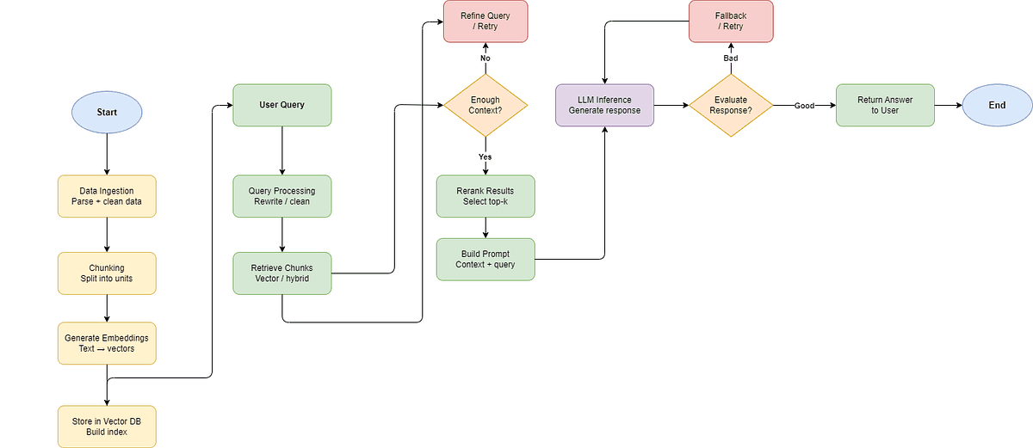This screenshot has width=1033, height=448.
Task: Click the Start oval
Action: [x=107, y=113]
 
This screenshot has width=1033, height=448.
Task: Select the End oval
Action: [x=997, y=106]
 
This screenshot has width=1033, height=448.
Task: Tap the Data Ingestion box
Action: [x=107, y=196]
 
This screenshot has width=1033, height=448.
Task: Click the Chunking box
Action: [x=107, y=273]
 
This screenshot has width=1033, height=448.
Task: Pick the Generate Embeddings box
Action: [x=107, y=343]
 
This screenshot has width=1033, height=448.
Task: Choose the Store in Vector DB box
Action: [x=107, y=426]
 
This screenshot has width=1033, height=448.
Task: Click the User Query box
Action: [x=281, y=105]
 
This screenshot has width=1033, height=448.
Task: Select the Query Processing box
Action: [x=281, y=196]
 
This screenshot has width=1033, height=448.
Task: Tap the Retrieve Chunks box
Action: [x=281, y=273]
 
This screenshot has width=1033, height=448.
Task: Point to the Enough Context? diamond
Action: [x=485, y=106]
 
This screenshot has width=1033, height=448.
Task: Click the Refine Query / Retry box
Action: [x=485, y=21]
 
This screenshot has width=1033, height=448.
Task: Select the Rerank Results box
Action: [x=485, y=196]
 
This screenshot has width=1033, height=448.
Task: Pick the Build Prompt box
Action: [x=485, y=259]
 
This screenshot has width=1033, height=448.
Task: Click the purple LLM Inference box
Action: [x=604, y=106]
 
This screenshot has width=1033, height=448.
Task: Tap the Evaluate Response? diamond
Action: [x=730, y=106]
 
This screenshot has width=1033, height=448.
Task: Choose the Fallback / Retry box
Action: [x=730, y=21]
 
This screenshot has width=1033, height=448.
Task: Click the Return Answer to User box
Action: [x=885, y=106]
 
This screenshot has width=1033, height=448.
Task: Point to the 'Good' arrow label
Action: [x=804, y=106]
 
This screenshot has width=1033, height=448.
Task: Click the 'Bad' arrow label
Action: [x=730, y=58]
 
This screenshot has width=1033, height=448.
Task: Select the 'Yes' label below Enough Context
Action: [x=485, y=156]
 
